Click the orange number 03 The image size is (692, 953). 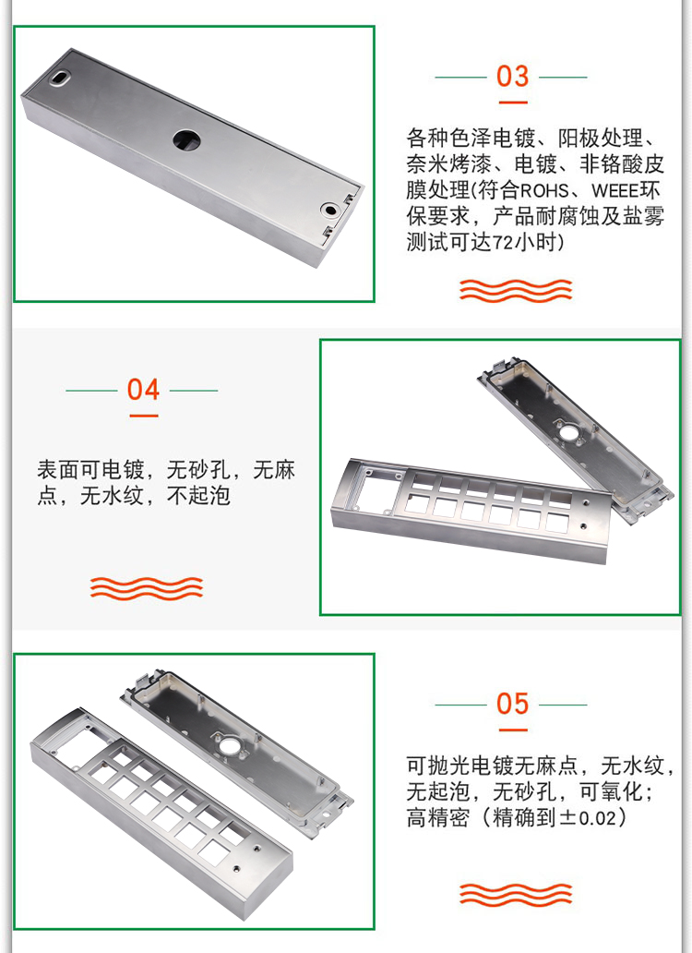click(x=513, y=76)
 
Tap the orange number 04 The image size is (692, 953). click(x=143, y=390)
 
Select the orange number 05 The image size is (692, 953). click(x=513, y=704)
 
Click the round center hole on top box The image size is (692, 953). click(x=186, y=139)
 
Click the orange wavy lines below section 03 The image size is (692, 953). click(x=516, y=290)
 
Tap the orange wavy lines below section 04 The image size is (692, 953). click(x=147, y=586)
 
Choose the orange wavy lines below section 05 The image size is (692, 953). click(x=516, y=894)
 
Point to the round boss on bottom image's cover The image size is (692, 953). click(x=223, y=738)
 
